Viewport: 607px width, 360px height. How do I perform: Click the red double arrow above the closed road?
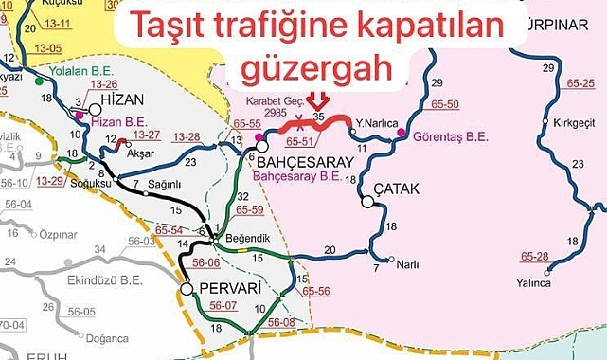318,99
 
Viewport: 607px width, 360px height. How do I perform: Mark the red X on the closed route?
301,120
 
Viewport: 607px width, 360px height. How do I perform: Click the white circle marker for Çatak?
366,201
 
